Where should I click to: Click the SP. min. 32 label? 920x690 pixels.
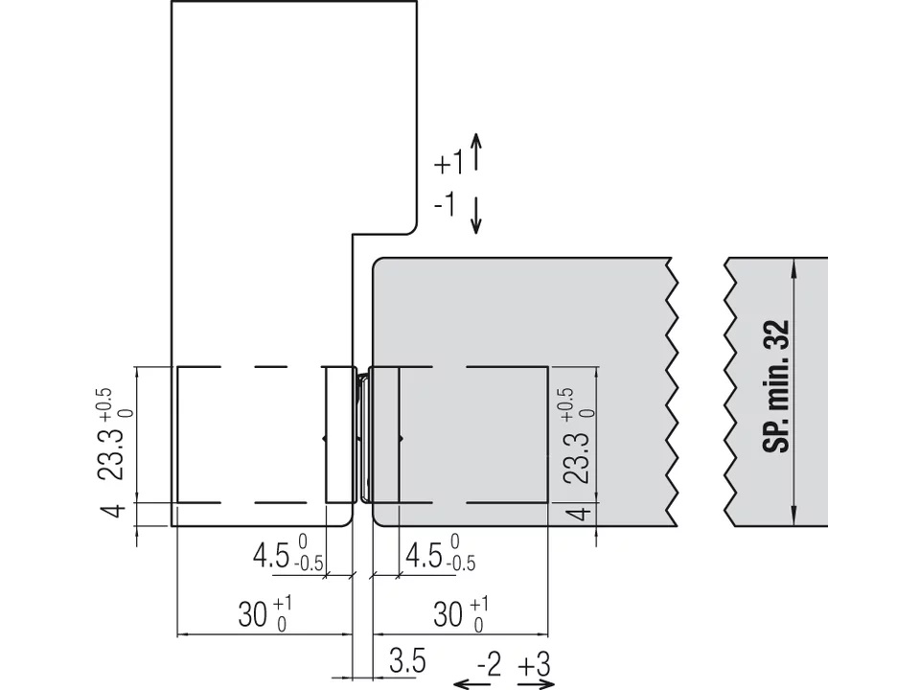(776, 386)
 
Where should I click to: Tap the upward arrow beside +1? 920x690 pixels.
(476, 152)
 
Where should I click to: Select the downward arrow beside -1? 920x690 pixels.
(476, 216)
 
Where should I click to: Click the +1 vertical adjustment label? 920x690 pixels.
(448, 163)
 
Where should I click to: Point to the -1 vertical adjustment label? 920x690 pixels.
(445, 204)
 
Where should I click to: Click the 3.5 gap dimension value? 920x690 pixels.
(407, 661)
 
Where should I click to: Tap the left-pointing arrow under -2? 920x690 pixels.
(472, 683)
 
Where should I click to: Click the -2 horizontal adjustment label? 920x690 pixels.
(489, 665)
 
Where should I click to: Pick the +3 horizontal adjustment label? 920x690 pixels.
(535, 665)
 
